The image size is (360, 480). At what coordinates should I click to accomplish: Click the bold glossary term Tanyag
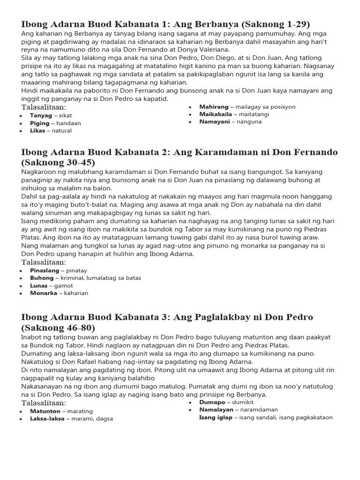40,115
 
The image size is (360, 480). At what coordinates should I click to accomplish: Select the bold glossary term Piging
39,123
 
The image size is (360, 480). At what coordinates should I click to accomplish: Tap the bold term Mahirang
214,107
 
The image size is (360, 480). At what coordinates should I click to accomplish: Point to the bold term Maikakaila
216,114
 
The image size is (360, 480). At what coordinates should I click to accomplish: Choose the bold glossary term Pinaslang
45,270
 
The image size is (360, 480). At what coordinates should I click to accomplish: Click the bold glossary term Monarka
43,293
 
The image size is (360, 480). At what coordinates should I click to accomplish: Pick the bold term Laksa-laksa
47,419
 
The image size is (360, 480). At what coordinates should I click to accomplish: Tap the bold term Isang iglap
216,417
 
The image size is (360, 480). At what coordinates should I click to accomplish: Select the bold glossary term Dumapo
212,402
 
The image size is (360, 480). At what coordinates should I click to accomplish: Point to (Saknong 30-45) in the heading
58,163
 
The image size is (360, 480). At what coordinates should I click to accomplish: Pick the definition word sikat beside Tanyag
66,115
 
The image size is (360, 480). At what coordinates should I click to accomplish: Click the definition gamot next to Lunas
64,285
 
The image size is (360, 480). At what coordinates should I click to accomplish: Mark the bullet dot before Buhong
22,278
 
